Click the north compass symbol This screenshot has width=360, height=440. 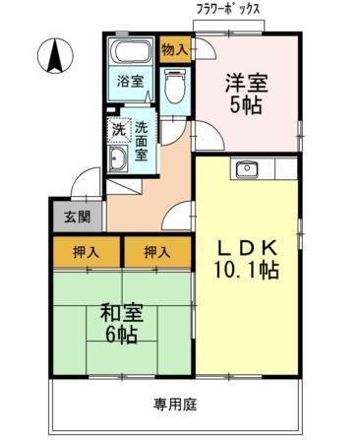click(55, 55)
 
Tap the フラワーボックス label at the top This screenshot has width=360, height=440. click(228, 9)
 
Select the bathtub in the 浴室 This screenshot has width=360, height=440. click(131, 51)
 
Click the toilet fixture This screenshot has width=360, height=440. click(175, 86)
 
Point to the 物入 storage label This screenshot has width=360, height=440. click(175, 50)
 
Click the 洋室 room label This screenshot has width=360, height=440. click(247, 83)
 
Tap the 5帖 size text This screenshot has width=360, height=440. click(246, 105)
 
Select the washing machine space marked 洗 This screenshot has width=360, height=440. click(119, 130)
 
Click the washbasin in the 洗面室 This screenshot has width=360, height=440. click(118, 159)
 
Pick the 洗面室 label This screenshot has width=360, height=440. click(142, 141)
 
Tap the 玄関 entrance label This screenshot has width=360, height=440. click(77, 217)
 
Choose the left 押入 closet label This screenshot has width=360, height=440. click(86, 252)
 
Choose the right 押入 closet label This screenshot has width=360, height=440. click(157, 252)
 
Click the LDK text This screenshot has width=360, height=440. click(248, 249)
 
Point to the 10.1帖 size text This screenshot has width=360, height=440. click(246, 270)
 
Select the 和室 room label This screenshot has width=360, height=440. click(122, 313)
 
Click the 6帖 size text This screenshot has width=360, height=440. click(121, 335)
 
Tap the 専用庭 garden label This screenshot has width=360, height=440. click(175, 405)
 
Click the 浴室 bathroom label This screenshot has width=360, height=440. click(131, 81)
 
